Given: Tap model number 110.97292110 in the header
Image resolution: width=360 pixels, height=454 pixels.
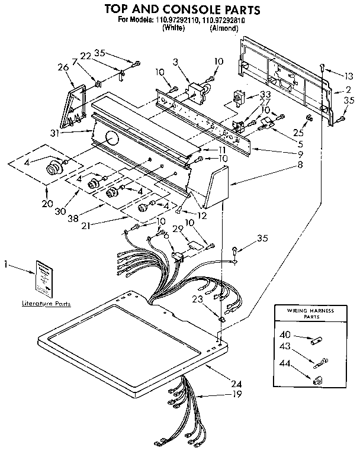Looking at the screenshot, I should click(x=178, y=20).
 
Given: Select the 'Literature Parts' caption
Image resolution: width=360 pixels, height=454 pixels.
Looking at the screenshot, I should click(x=46, y=304).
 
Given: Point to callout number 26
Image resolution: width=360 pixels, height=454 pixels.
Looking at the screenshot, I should click(x=63, y=67).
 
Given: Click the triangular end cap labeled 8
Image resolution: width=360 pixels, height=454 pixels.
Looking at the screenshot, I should click(x=215, y=185).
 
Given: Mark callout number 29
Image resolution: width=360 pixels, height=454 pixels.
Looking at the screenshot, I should click(x=176, y=229).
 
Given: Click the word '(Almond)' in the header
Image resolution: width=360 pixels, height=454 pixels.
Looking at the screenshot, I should click(x=224, y=27).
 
